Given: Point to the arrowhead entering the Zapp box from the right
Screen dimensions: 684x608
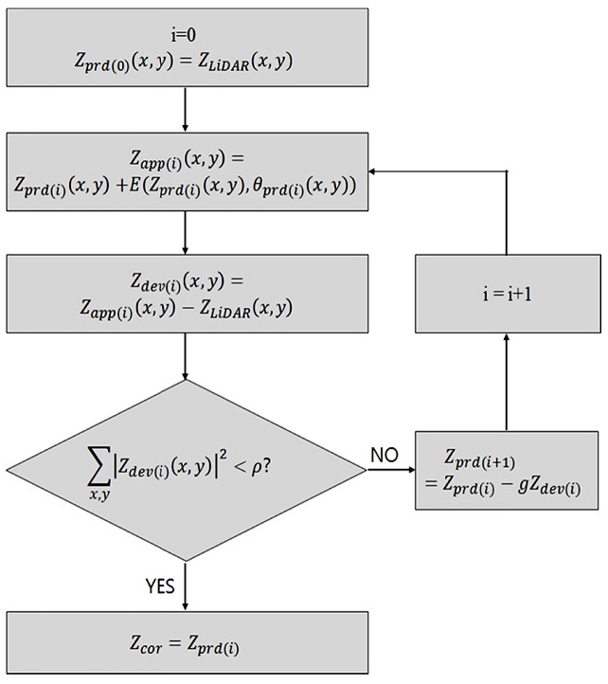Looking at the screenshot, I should coord(375,171).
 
